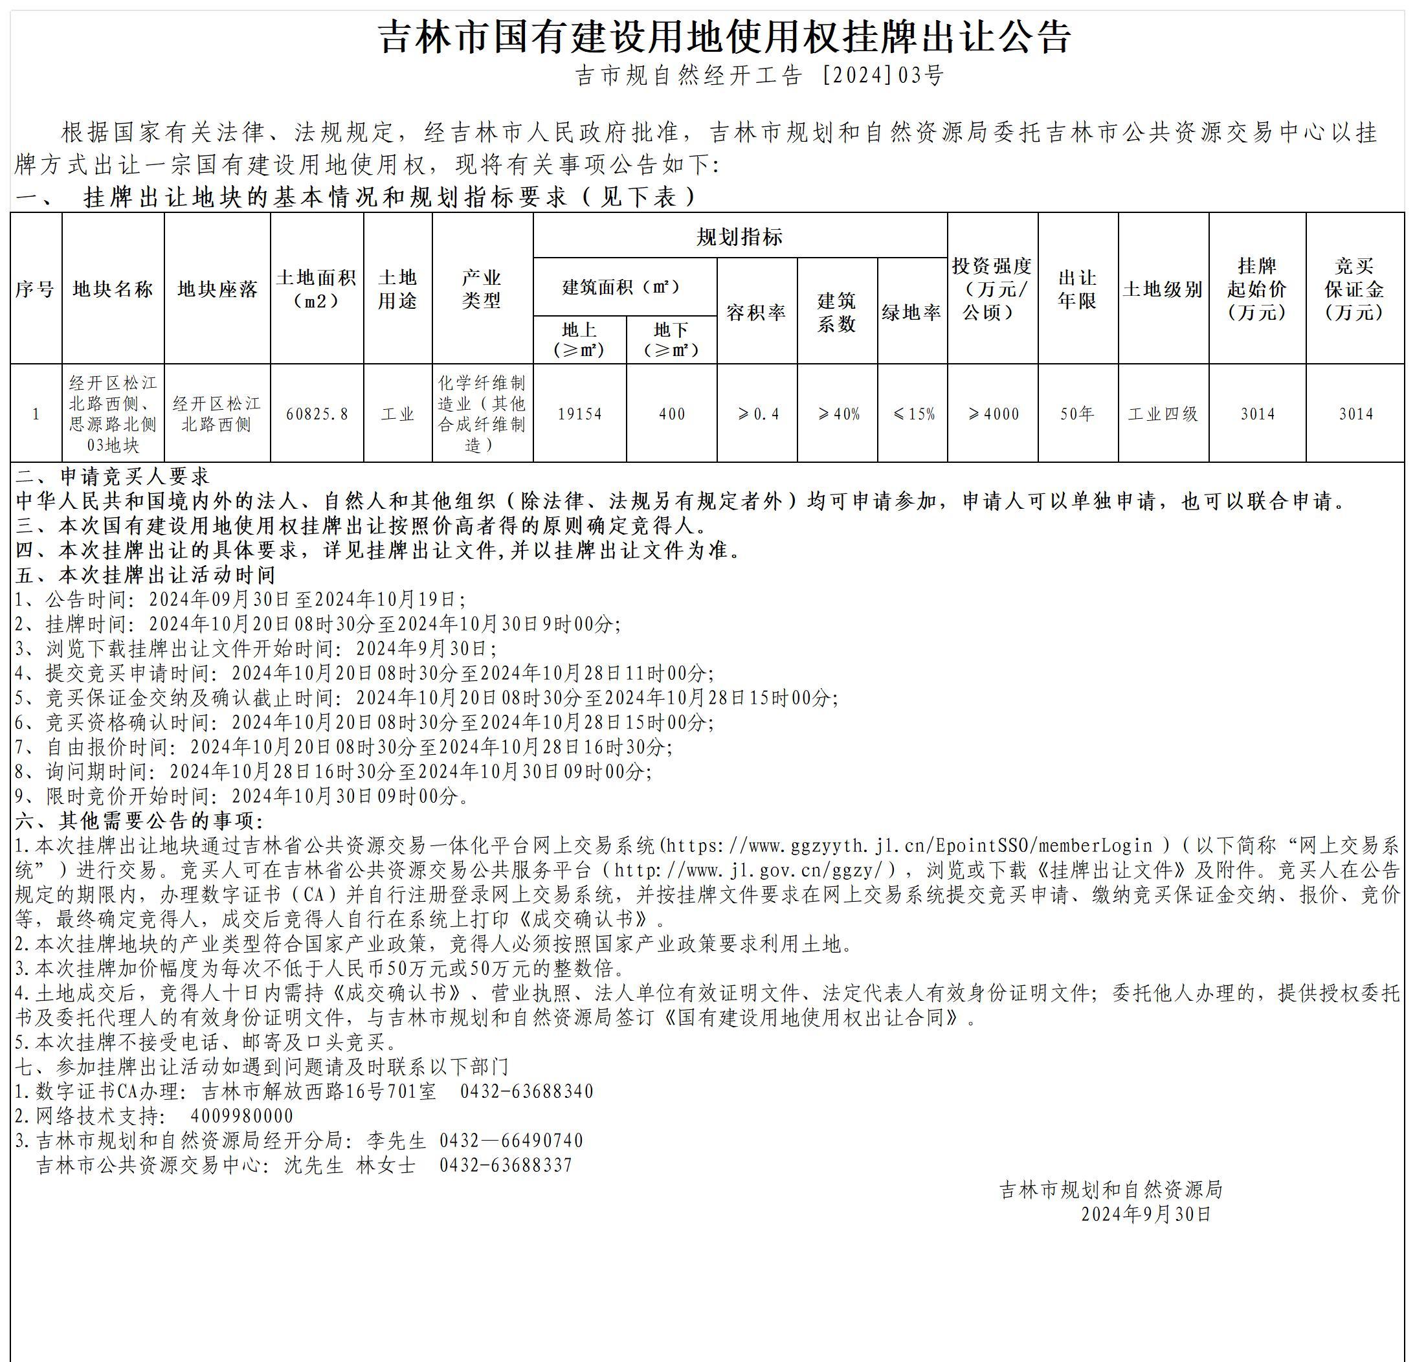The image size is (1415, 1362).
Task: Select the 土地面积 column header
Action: [317, 289]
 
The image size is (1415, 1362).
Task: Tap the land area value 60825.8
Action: [317, 414]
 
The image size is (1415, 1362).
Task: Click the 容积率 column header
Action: [756, 312]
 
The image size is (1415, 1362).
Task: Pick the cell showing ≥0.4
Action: [757, 414]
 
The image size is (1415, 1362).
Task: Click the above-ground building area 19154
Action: [580, 414]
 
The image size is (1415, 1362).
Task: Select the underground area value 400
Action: [671, 414]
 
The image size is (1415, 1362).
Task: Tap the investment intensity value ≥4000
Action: [993, 414]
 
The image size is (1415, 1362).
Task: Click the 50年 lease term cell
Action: [1077, 414]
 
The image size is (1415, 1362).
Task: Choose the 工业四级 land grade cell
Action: [1163, 414]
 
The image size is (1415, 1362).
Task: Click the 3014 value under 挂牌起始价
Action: [1257, 414]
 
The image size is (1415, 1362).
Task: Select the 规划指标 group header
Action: [739, 236]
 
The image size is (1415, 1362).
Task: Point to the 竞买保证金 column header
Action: [1354, 289]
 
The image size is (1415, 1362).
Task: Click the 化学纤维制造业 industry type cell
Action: [482, 413]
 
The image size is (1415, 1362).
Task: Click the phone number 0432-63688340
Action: [526, 1091]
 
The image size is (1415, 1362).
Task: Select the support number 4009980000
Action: [242, 1116]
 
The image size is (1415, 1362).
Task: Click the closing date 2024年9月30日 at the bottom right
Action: [1145, 1214]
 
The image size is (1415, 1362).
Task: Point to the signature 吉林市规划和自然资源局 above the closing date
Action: [1110, 1189]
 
